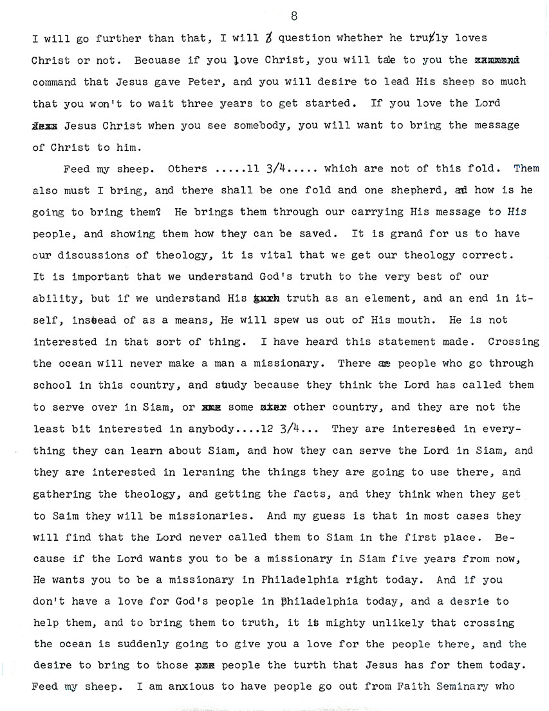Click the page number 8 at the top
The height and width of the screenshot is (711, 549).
[x=293, y=15]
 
